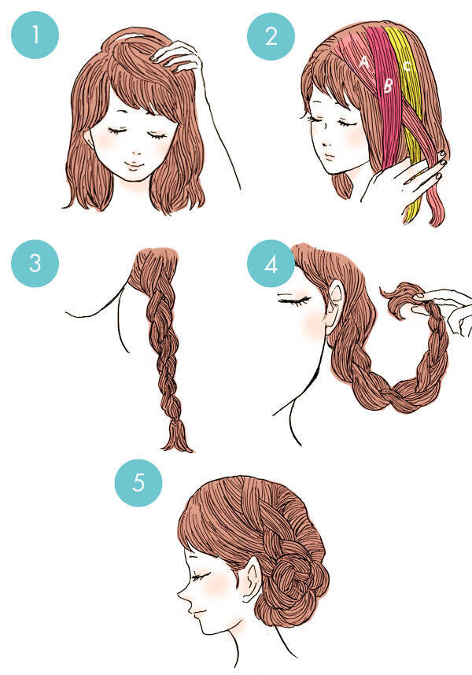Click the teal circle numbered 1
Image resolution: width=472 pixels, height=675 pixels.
pos(35,35)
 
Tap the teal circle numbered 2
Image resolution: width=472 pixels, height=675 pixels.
pos(271,36)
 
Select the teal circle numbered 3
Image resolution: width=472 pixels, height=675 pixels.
pos(35,263)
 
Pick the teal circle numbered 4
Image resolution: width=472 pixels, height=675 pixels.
pos(271,264)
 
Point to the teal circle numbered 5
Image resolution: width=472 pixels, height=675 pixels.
pos(138,482)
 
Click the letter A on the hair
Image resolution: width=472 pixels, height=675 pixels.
pos(364,62)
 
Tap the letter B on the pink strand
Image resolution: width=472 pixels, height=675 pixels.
pos(388,86)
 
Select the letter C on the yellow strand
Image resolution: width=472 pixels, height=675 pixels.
pos(407,65)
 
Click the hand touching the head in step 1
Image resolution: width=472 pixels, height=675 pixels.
pos(179,58)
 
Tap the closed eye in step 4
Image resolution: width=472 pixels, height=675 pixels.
pos(294,298)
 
